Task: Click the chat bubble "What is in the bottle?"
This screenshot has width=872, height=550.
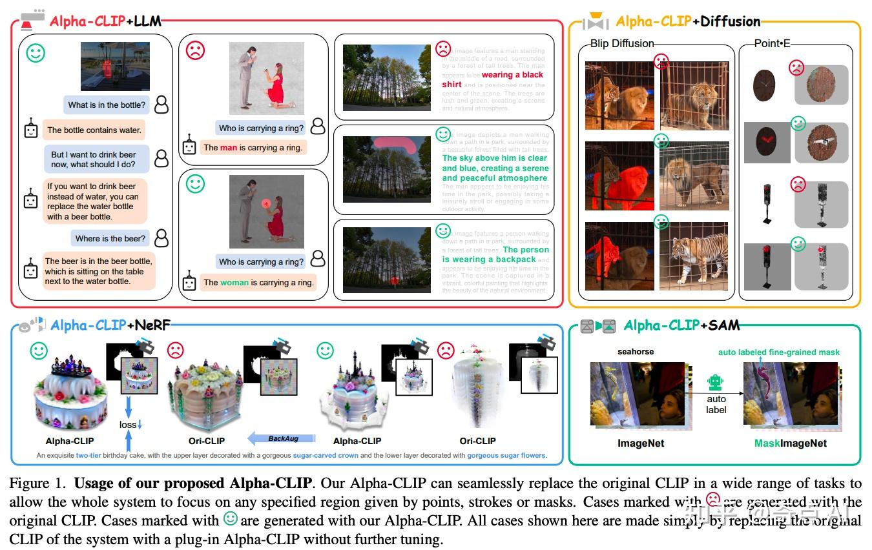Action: pos(107,105)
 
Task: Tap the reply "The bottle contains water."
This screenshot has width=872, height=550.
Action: pos(94,130)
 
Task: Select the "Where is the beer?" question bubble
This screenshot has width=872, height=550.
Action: pos(110,238)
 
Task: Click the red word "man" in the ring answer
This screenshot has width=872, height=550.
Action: pos(229,147)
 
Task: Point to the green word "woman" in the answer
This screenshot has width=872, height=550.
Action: pos(234,282)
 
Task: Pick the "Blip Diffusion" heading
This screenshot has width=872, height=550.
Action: pos(622,43)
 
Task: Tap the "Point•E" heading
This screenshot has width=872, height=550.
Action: pos(772,43)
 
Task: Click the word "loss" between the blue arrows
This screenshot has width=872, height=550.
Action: pos(128,425)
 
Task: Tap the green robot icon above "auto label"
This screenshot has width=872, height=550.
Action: pos(715,383)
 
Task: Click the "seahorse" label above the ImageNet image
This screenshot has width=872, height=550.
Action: pos(636,352)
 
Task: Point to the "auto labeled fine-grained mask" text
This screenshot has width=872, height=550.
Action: pos(779,352)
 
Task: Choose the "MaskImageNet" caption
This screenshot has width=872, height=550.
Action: pos(790,443)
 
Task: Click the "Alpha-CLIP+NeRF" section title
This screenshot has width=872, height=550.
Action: pos(110,325)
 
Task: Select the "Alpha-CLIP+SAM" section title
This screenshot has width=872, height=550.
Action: pos(681,325)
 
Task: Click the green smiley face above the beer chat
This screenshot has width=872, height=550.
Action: pos(36,53)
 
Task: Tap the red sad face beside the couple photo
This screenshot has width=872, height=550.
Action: pos(195,50)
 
